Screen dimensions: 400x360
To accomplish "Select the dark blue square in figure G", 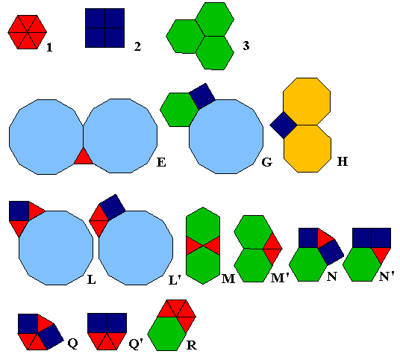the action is click(x=202, y=96).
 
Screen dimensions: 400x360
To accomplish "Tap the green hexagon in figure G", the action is click(x=178, y=110).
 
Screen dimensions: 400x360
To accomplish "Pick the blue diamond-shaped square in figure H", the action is click(x=284, y=125).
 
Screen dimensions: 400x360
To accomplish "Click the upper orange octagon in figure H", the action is click(x=307, y=102).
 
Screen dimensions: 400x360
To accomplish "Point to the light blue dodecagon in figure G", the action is click(x=226, y=137).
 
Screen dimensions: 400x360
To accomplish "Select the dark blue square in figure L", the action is click(x=19, y=211).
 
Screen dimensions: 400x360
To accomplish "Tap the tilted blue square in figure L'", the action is click(x=112, y=207).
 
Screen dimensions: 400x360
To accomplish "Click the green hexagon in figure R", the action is click(x=167, y=334).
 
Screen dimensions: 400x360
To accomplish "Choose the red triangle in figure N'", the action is click(x=381, y=254).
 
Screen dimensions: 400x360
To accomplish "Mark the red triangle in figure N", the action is click(x=325, y=238).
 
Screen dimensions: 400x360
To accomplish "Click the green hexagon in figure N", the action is click(x=308, y=264).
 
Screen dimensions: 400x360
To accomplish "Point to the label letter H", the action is click(x=343, y=161).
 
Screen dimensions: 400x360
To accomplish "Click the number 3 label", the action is click(x=246, y=46).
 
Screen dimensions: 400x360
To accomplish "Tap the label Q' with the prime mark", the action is click(x=136, y=344).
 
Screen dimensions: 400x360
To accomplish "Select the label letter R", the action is click(x=192, y=345).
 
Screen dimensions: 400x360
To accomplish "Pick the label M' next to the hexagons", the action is click(x=280, y=278).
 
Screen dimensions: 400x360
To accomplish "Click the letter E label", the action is click(x=161, y=162).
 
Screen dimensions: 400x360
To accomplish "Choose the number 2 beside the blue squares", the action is click(x=138, y=46).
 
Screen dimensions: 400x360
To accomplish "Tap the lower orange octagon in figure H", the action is click(x=307, y=149).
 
